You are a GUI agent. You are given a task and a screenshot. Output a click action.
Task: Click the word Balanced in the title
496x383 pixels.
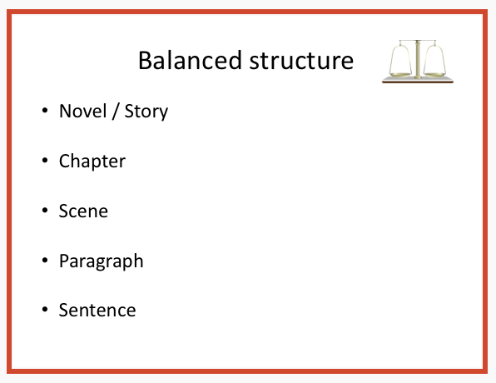[x=190, y=60]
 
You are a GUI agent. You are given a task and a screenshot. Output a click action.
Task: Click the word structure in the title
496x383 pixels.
[x=301, y=61]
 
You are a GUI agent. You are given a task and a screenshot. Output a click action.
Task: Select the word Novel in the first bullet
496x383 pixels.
[x=83, y=111]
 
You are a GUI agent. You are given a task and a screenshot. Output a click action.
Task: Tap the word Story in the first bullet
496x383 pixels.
[x=146, y=112]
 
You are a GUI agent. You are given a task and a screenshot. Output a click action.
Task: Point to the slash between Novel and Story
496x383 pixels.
[x=116, y=111]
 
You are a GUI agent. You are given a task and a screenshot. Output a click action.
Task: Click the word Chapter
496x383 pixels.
[x=92, y=162]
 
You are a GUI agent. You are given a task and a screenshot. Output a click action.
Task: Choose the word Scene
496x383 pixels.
[x=83, y=211]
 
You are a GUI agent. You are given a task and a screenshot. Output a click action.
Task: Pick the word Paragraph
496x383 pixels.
[x=102, y=261]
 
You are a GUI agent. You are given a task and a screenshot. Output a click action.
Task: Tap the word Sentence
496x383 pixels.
[x=97, y=310]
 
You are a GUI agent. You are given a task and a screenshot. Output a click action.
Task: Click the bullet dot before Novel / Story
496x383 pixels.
[x=45, y=111]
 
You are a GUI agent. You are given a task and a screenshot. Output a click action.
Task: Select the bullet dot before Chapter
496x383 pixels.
[x=45, y=161]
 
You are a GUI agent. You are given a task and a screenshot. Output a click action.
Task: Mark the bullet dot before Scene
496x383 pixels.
[x=45, y=211]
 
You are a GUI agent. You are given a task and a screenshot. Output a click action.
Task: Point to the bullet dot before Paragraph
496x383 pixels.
[x=45, y=260]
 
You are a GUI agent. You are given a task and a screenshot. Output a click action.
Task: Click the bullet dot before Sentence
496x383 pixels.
[x=45, y=309]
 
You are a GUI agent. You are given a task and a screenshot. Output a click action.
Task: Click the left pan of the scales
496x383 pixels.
[x=400, y=75]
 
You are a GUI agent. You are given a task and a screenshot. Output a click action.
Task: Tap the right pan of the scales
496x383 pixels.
[x=434, y=75]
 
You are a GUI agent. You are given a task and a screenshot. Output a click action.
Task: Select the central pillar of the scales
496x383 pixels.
[x=418, y=59]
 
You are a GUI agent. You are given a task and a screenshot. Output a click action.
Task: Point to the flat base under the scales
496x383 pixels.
[x=418, y=80]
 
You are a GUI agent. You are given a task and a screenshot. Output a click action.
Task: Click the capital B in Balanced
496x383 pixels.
[x=145, y=60]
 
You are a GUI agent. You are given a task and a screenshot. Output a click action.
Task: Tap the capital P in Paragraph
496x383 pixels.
[x=64, y=261]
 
